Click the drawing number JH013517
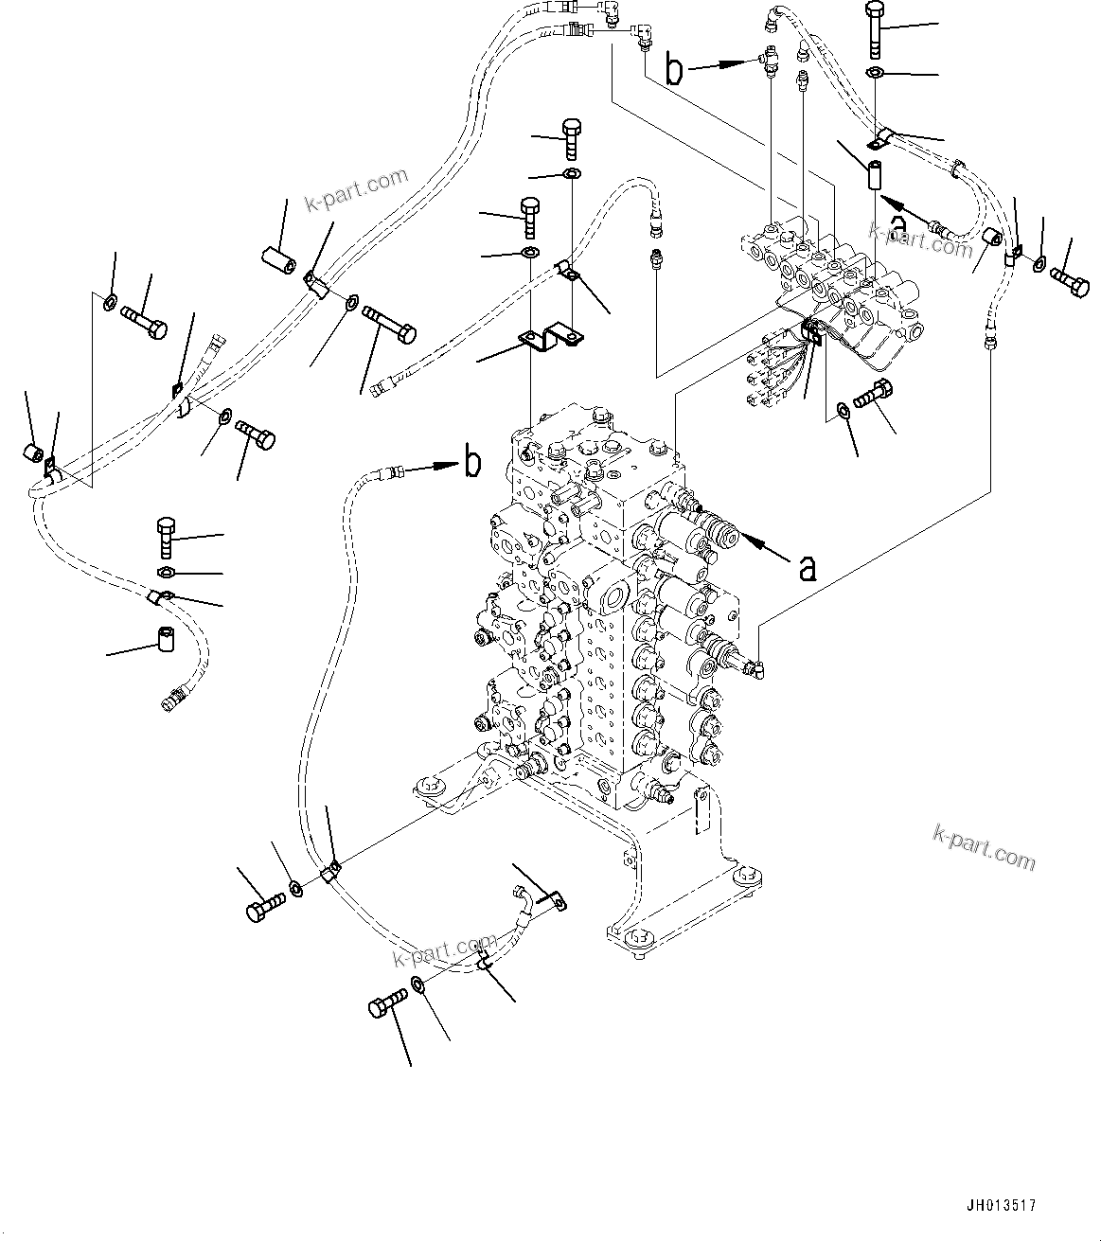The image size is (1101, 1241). [x=1001, y=1206]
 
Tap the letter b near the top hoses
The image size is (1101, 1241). [x=674, y=71]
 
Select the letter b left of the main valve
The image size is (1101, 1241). [x=471, y=464]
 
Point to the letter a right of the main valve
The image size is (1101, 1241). [x=807, y=568]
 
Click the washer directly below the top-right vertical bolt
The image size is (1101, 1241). [x=876, y=74]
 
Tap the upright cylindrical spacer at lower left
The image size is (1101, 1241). [x=167, y=642]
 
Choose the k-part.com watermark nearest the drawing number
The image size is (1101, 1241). [x=984, y=845]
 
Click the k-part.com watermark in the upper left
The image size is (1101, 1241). [x=355, y=190]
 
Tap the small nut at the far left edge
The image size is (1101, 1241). [x=32, y=453]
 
